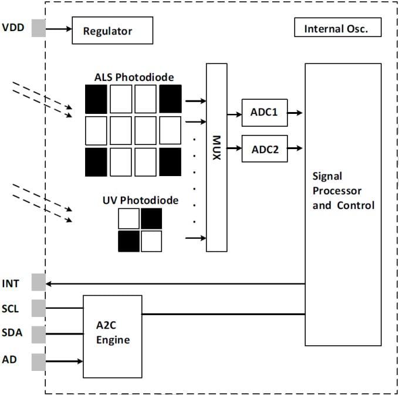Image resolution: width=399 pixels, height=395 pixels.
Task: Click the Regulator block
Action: click(112, 31)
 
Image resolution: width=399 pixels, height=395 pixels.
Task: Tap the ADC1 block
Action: click(265, 113)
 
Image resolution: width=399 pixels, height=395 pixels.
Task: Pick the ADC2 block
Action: click(265, 148)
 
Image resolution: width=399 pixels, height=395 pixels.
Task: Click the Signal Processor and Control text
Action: click(343, 191)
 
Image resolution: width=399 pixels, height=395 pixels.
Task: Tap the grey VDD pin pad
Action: click(38, 28)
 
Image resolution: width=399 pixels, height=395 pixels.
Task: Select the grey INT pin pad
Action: click(38, 283)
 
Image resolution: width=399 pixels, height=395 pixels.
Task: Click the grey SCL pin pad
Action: click(38, 308)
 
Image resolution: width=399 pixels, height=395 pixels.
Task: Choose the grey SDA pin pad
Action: click(38, 334)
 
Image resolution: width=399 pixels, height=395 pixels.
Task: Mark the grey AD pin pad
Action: click(38, 360)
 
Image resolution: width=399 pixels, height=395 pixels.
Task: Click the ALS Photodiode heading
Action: click(134, 77)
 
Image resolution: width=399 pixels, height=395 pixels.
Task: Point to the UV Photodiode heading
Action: click(140, 201)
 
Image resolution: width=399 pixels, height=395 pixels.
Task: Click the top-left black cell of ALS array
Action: click(96, 99)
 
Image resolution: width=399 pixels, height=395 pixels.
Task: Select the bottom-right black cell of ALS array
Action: click(170, 162)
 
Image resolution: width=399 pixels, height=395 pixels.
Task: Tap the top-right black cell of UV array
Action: click(151, 218)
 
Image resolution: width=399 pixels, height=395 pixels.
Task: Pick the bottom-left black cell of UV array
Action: click(129, 241)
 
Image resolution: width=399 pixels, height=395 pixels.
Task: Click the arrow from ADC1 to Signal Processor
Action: click(296, 113)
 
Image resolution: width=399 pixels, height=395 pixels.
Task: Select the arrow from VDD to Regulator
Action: click(58, 28)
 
